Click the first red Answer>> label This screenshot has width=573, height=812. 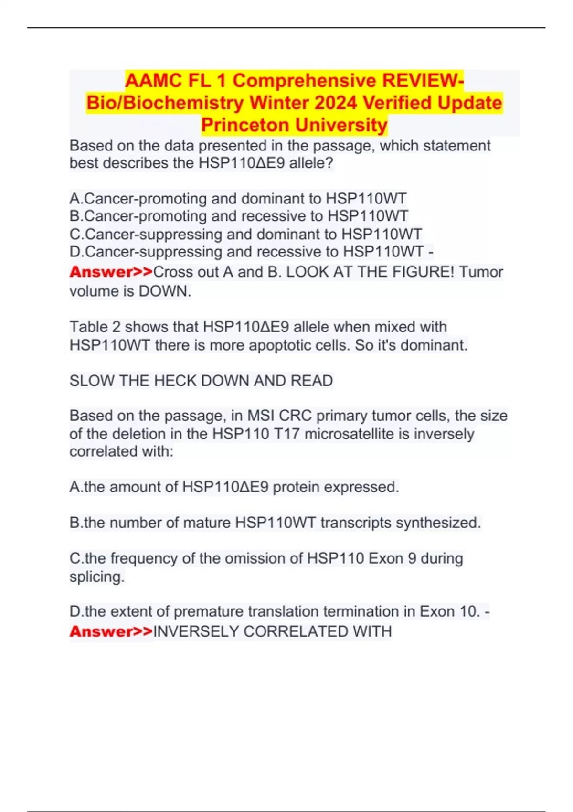click(x=111, y=272)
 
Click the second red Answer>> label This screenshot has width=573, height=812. click(x=111, y=631)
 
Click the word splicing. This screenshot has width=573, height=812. click(x=97, y=577)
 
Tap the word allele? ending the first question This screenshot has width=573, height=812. click(x=311, y=163)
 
